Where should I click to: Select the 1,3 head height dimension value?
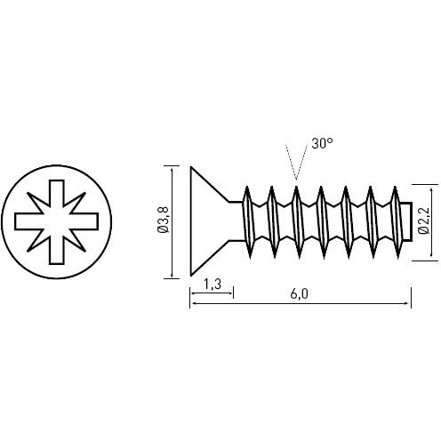coord(212,285)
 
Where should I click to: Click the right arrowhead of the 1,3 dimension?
coord(229,293)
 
